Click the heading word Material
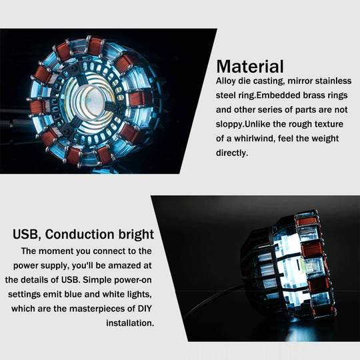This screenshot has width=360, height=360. (250, 67)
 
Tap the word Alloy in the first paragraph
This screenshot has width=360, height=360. (227, 81)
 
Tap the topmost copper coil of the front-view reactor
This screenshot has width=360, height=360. (96, 45)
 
